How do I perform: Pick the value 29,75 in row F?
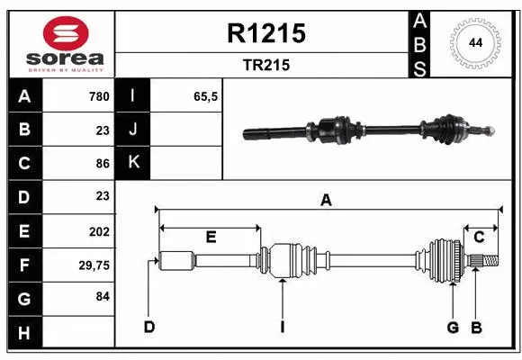(x=94, y=265)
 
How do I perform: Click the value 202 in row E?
(x=98, y=231)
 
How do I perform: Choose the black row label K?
(x=133, y=164)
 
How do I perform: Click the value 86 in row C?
(x=102, y=164)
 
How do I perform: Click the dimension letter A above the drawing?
(x=326, y=200)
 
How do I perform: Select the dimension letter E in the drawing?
(x=210, y=237)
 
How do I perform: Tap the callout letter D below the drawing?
(x=148, y=327)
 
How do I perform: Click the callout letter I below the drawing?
(x=282, y=327)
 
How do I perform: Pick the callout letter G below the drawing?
(x=453, y=327)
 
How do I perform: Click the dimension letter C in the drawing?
(x=479, y=237)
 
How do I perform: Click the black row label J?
(x=133, y=130)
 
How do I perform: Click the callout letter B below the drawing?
(x=477, y=327)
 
